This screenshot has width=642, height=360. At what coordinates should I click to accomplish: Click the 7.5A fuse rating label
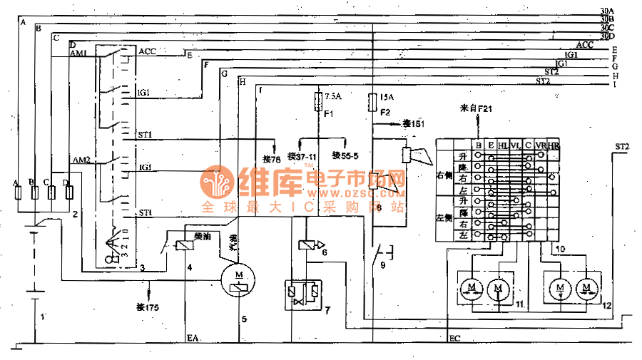(333, 96)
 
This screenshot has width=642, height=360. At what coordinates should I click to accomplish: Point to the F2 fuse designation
(385, 113)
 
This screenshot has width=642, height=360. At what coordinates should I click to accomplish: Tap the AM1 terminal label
(78, 54)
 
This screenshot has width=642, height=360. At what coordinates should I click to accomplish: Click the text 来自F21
(476, 108)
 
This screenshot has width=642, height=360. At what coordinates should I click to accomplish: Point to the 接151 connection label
(414, 123)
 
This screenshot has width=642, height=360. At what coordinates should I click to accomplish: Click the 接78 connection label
(271, 158)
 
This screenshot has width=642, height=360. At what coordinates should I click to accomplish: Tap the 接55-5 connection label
(345, 155)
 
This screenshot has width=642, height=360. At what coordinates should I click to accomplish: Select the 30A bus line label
(607, 10)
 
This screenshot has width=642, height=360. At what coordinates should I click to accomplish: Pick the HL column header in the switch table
(504, 145)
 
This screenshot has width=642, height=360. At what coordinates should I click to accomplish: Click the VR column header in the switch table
(540, 145)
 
